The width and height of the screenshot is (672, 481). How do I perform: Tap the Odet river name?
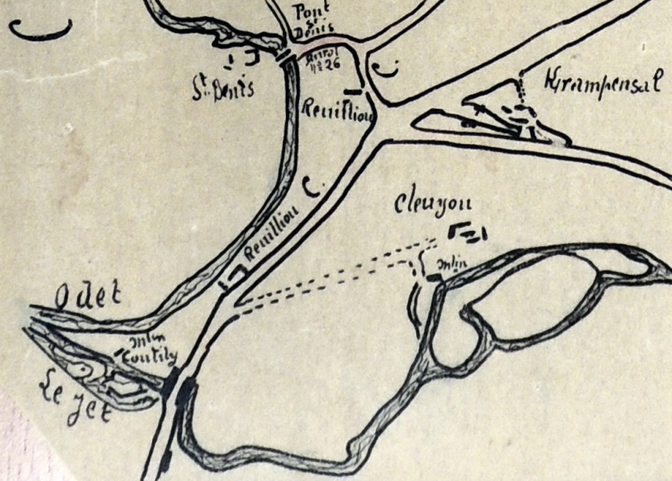point(80,296)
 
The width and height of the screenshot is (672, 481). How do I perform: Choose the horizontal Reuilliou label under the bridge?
point(338,112)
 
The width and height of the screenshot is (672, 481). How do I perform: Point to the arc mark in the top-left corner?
point(40,31)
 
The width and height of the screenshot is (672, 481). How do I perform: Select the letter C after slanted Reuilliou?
point(312,185)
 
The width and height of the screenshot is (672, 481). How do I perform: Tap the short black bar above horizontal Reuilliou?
point(352,91)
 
